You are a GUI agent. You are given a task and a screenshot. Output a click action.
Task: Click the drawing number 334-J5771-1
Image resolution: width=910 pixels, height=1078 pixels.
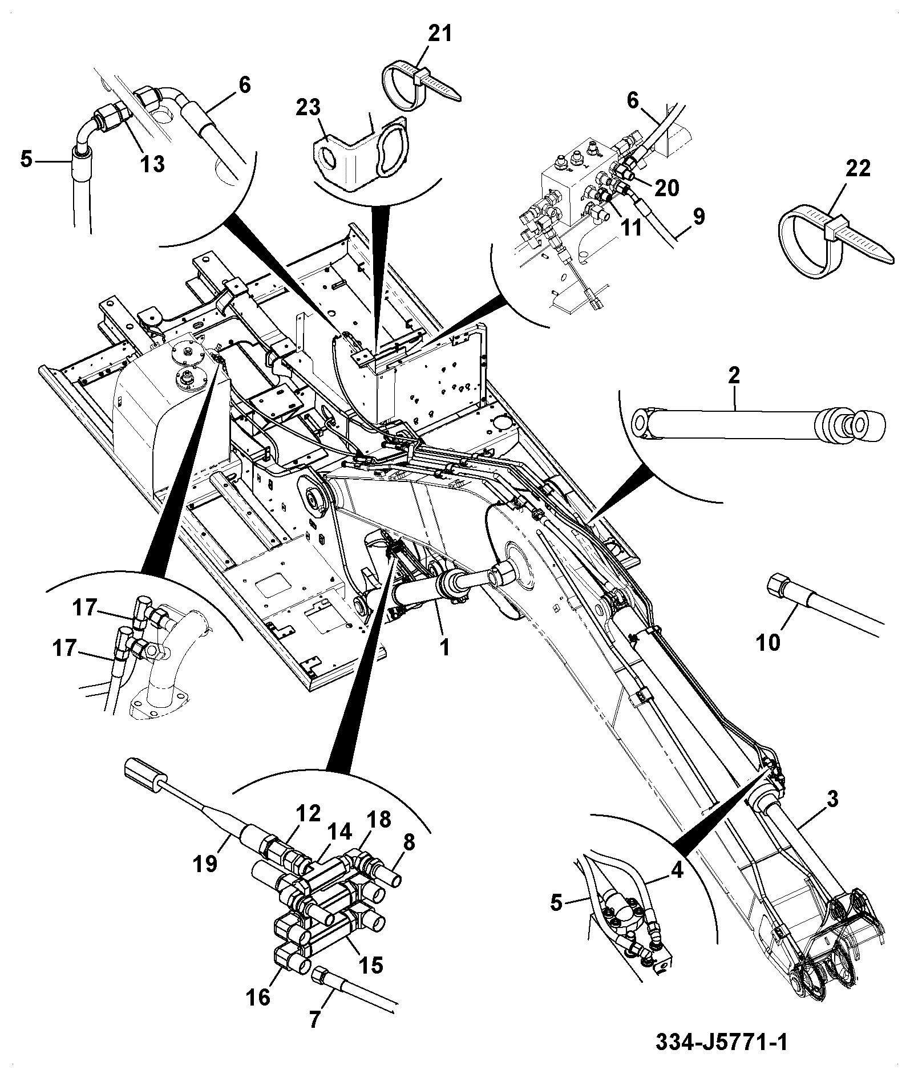pyautogui.click(x=721, y=1043)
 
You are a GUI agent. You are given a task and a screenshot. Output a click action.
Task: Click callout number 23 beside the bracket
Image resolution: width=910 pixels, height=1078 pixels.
pyautogui.click(x=309, y=108)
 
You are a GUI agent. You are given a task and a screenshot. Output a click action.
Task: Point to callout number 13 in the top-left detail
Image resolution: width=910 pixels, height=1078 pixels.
pyautogui.click(x=152, y=164)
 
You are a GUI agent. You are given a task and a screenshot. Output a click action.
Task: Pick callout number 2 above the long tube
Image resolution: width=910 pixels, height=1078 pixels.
pyautogui.click(x=734, y=375)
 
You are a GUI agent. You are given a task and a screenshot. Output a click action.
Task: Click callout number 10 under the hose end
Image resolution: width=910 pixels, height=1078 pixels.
pyautogui.click(x=768, y=643)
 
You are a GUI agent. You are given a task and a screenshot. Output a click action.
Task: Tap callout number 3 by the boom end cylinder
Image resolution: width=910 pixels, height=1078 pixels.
pyautogui.click(x=832, y=799)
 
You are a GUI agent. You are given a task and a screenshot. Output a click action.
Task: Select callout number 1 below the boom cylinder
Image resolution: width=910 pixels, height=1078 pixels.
pyautogui.click(x=445, y=647)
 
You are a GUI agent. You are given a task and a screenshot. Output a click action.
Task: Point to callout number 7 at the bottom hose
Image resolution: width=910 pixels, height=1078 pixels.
pyautogui.click(x=314, y=1019)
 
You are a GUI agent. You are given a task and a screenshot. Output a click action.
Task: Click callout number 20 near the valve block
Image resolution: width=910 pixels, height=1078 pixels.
pyautogui.click(x=666, y=188)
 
